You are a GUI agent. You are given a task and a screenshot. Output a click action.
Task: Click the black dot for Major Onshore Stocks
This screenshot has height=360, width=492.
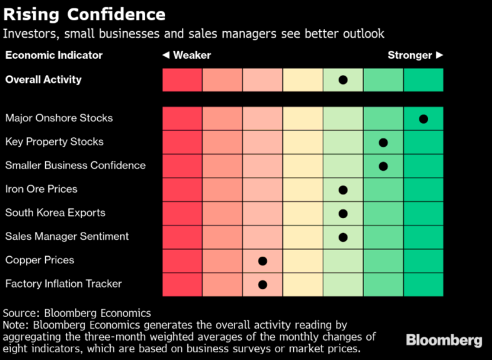[423, 119]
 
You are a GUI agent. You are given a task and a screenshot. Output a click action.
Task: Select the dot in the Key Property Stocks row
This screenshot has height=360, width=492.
[383, 143]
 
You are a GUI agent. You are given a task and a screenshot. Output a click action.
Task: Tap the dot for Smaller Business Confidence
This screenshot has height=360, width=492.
[383, 166]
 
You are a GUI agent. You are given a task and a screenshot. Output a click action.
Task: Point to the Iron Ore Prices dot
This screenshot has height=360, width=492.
[343, 190]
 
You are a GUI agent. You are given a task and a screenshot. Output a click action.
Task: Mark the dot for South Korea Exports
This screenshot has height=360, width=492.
[343, 213]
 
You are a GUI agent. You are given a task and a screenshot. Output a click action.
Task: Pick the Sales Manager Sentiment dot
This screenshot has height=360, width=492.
[343, 237]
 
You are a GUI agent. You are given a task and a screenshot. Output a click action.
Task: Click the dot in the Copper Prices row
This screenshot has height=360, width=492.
[262, 261]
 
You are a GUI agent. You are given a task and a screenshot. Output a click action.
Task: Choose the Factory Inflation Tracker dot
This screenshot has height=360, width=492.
[262, 284]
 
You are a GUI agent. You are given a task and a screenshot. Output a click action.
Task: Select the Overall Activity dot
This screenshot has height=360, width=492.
[343, 80]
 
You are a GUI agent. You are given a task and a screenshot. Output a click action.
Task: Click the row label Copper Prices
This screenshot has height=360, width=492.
[40, 260]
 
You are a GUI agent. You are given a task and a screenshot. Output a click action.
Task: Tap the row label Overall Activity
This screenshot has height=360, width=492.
[44, 80]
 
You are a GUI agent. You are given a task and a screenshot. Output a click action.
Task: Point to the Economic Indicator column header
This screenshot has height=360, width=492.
[54, 56]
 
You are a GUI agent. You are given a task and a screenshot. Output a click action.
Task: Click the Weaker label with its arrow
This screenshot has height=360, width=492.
[187, 56]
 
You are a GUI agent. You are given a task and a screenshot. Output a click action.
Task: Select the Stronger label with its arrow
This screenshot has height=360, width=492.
[415, 56]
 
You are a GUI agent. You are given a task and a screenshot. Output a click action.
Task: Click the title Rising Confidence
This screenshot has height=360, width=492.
[85, 14]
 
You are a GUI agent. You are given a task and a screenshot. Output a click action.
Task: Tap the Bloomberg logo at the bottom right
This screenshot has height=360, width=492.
[444, 340]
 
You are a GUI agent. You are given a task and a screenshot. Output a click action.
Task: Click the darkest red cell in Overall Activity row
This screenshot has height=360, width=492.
[182, 80]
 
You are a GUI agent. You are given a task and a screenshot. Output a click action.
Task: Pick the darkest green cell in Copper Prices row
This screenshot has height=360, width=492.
[423, 261]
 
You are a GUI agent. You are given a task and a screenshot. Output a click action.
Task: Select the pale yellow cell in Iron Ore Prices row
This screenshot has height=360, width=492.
[303, 190]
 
